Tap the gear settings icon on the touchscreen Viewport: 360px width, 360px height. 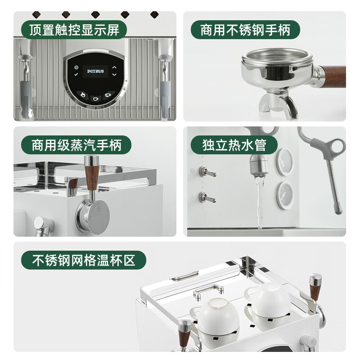coord(76,67)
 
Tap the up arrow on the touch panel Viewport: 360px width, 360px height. coord(114,67)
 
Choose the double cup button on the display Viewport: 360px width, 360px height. coord(108,95)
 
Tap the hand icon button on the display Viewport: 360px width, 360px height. coord(82,94)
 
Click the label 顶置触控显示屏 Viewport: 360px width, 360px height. coord(74,30)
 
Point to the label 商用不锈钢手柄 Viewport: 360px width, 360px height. coord(245,30)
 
